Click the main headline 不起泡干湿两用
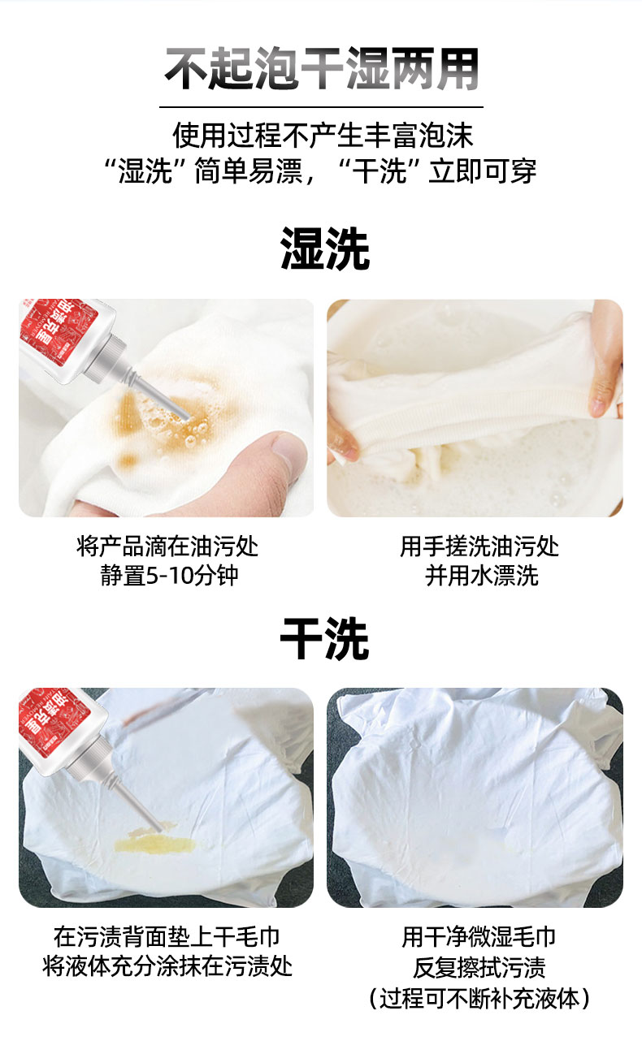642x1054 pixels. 322,69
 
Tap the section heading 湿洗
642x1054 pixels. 324,248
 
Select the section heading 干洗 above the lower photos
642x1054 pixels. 324,638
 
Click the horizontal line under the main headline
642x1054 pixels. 321,107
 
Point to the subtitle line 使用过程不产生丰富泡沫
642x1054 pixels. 323,135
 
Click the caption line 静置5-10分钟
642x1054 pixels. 169,575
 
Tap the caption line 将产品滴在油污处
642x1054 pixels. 167,546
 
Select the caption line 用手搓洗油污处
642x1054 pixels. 479,546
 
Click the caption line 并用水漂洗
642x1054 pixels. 481,575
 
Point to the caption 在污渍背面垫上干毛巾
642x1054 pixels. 167,936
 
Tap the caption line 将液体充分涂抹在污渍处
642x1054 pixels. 167,965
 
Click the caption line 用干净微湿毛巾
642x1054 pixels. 479,936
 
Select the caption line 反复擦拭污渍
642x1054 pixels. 479,967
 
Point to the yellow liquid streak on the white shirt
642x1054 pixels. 154,845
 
